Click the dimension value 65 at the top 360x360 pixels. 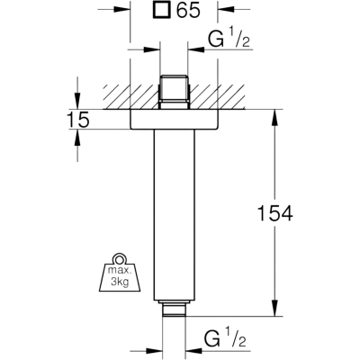tap(188, 11)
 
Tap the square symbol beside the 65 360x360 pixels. tap(161, 11)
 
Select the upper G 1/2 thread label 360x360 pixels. tap(229, 39)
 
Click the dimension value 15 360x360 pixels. tap(77, 120)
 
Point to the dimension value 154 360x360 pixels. tap(275, 213)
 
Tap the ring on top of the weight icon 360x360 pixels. tap(120, 258)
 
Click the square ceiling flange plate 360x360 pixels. tap(174, 120)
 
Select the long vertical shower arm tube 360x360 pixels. tap(174, 215)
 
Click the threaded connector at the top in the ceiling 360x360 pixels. tap(174, 91)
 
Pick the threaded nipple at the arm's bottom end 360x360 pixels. tap(174, 309)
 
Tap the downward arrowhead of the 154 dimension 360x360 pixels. tap(274, 309)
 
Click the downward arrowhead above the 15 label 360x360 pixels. tap(77, 101)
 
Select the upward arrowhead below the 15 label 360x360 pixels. tap(77, 138)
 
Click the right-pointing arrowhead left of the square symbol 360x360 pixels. tap(122, 10)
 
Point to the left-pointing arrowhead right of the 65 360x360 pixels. tap(226, 10)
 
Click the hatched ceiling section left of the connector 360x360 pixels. tap(130, 97)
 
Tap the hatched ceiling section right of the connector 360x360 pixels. tap(218, 97)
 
